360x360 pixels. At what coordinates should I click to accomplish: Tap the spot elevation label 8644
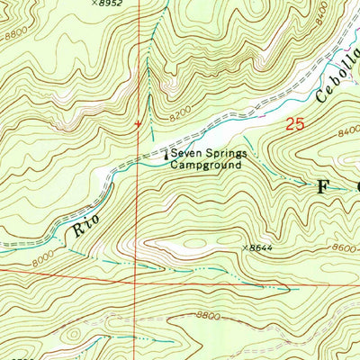point(259,247)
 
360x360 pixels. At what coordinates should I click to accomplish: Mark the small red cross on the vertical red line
point(138,123)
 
